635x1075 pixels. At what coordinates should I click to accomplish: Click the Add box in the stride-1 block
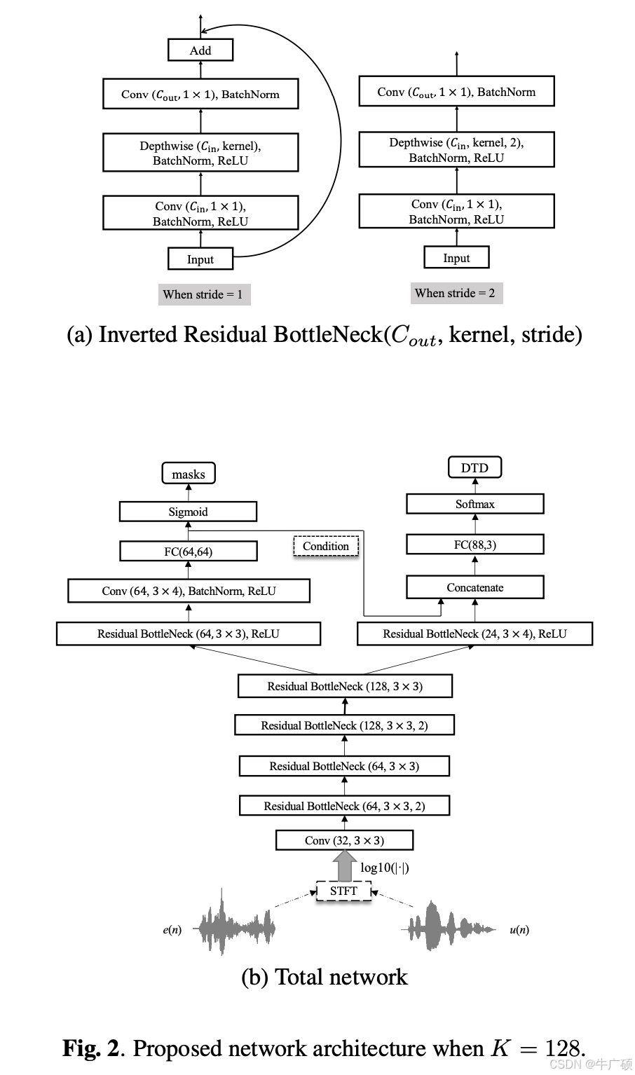tap(200, 50)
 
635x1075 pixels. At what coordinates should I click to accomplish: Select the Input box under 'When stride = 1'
tap(200, 259)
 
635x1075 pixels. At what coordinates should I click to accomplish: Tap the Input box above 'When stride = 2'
tap(456, 258)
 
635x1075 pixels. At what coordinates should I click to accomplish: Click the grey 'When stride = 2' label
tap(456, 293)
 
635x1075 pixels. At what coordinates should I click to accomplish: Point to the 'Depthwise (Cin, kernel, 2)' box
tap(456, 150)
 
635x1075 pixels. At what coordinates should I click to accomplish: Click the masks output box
tap(189, 474)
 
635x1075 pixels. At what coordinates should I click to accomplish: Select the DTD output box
tap(474, 468)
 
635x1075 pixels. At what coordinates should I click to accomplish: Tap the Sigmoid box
tap(188, 512)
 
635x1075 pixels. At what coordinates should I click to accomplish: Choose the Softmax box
tap(475, 504)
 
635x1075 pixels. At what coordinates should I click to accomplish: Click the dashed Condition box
tap(326, 546)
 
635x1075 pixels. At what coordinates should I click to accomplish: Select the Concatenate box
tap(475, 587)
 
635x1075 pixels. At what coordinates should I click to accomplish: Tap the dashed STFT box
tap(343, 891)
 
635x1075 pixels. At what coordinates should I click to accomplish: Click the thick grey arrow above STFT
tap(344, 866)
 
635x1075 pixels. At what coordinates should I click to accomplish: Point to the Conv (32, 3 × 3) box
tap(344, 840)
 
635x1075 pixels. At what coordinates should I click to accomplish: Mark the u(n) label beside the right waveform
tap(519, 930)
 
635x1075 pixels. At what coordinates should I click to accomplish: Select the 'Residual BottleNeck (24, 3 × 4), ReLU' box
tap(474, 634)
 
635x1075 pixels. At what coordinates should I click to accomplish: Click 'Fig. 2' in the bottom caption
tap(91, 1048)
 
